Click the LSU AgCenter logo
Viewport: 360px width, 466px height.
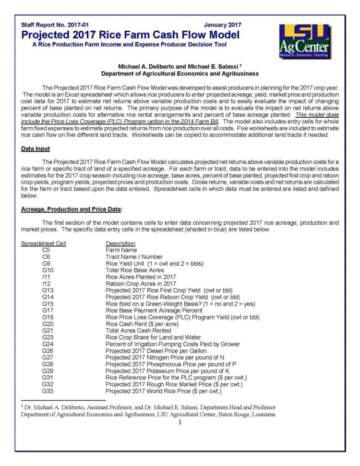(x=304, y=41)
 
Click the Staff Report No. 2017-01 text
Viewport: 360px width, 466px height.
(x=55, y=25)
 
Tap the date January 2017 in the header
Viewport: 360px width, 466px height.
(x=222, y=25)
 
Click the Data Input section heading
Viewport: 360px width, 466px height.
(x=36, y=149)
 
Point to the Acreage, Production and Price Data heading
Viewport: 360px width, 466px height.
(x=72, y=209)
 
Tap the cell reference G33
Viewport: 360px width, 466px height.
(x=48, y=392)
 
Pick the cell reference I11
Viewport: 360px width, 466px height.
(x=46, y=277)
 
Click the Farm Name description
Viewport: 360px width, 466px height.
(x=121, y=250)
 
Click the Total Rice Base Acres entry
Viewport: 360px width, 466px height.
(x=134, y=270)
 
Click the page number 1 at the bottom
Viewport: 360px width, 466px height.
(x=180, y=422)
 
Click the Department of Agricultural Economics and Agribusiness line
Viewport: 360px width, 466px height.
(x=180, y=74)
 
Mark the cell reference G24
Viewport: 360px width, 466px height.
(x=48, y=344)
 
